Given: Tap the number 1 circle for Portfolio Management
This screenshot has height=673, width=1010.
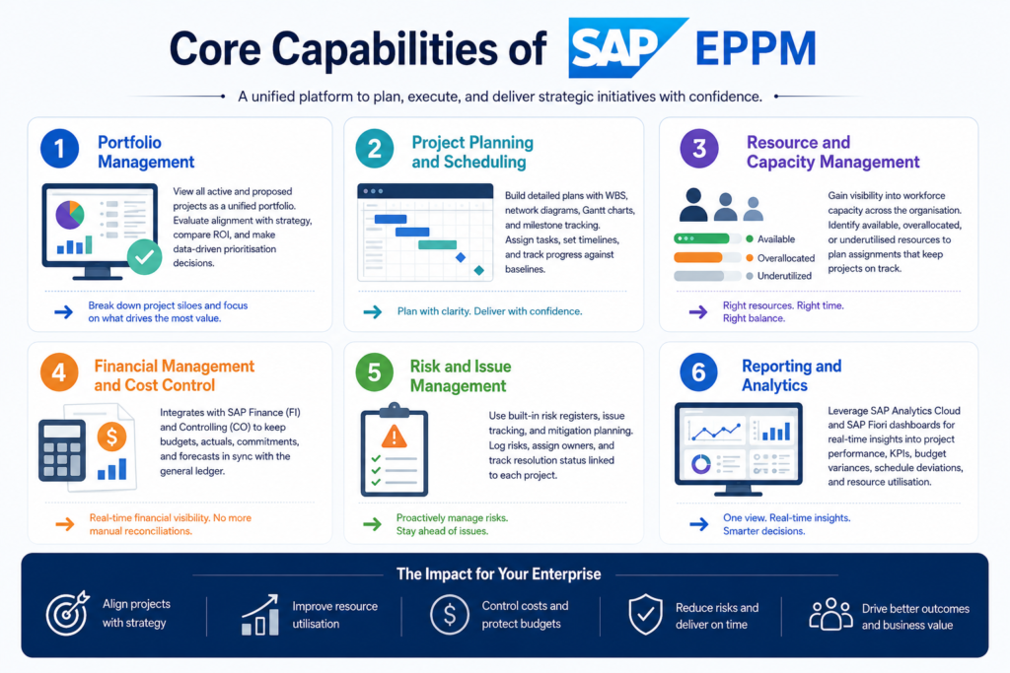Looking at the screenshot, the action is [x=59, y=149].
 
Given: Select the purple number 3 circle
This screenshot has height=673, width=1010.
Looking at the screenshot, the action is [x=699, y=149].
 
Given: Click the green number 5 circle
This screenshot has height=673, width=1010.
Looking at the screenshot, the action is [x=374, y=372].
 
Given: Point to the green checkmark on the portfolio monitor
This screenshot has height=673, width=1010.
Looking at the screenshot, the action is [x=144, y=257].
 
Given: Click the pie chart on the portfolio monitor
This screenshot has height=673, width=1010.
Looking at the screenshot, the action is [x=70, y=215].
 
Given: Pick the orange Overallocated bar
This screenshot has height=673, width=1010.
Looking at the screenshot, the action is [x=698, y=258].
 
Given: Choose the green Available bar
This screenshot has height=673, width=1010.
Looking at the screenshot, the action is [x=701, y=238].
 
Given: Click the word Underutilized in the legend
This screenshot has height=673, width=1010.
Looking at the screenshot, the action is [x=784, y=276].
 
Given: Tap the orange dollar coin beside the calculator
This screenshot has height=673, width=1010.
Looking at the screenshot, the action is [x=111, y=437].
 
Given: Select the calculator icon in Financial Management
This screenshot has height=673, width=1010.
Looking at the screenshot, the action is [x=62, y=450].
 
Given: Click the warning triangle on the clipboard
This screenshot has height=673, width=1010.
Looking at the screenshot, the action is [x=395, y=437].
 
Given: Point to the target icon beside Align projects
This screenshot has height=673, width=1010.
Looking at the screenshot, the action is [x=67, y=613].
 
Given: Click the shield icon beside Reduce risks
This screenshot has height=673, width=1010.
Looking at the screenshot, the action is [x=645, y=614].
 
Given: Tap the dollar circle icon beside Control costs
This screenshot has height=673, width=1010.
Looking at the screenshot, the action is [x=450, y=615].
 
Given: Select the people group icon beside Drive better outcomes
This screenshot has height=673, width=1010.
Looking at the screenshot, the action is [x=830, y=614].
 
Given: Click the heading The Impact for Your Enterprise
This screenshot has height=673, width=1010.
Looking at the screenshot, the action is [x=498, y=573].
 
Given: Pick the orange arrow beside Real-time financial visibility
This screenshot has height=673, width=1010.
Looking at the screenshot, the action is [x=64, y=524].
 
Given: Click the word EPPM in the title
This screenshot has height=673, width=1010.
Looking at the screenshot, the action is [x=756, y=49].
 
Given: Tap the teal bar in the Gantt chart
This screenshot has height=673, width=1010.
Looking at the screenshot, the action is [x=437, y=244].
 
